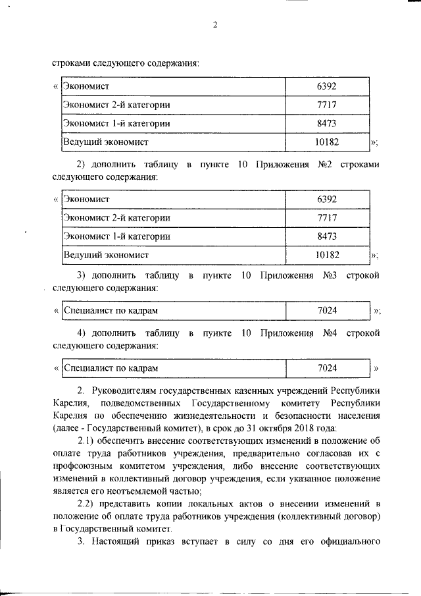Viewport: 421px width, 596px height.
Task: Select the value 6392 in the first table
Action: click(x=327, y=86)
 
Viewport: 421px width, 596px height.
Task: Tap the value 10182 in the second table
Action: click(x=327, y=254)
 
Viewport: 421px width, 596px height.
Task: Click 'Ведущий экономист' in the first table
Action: click(x=106, y=141)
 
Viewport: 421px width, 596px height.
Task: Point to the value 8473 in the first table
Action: click(x=327, y=122)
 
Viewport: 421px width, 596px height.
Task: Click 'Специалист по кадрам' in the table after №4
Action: click(x=111, y=367)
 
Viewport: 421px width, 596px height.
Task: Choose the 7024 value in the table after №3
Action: click(x=327, y=310)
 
